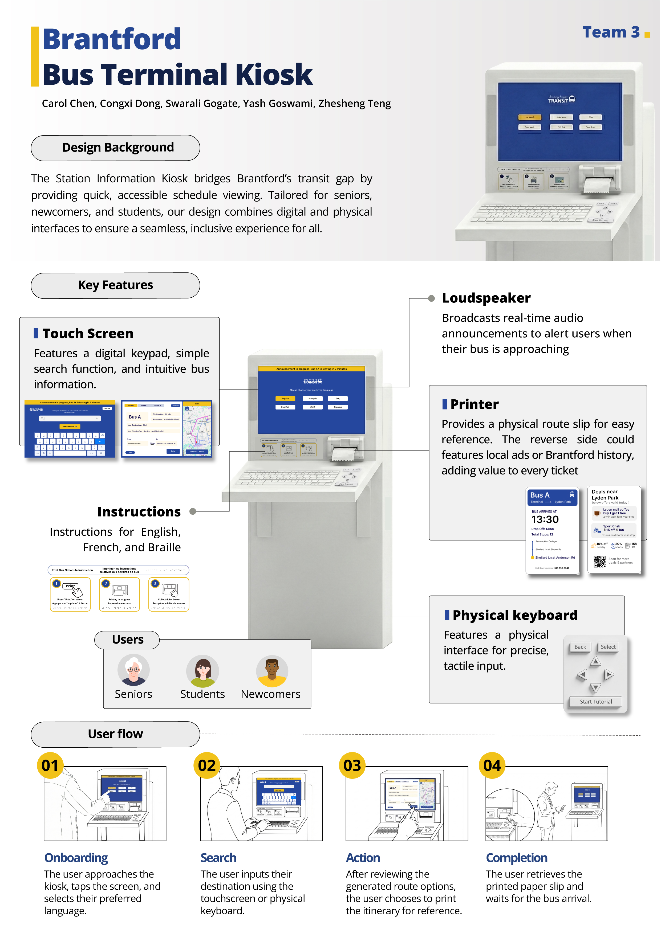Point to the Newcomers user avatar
(272, 671)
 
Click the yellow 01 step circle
(50, 765)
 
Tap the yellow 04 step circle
(492, 765)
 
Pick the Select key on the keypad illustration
(608, 647)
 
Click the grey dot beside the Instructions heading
(193, 511)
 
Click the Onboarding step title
(76, 858)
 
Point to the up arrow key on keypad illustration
(595, 661)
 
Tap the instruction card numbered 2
(119, 594)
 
